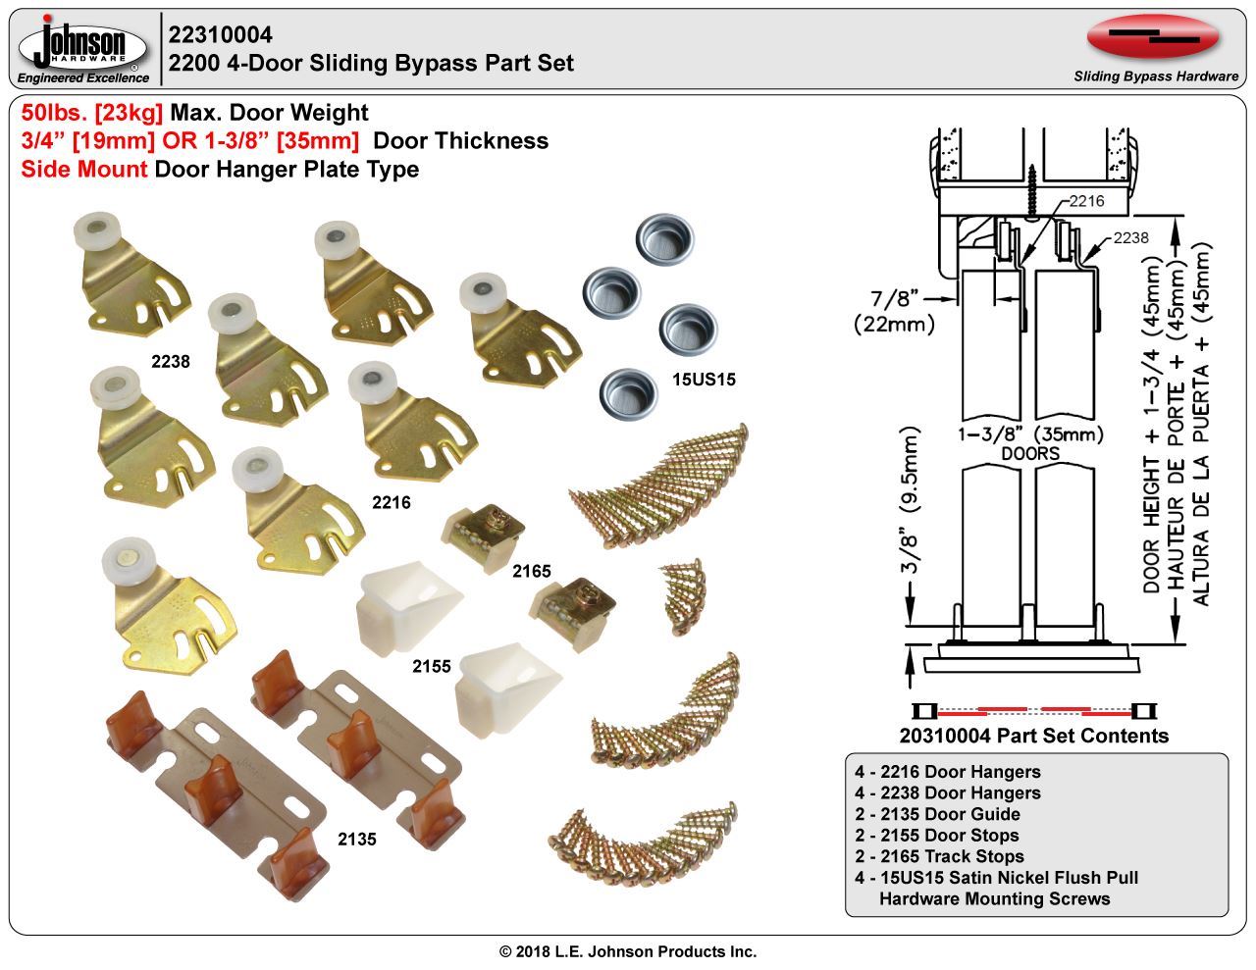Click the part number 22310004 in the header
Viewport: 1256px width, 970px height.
221,35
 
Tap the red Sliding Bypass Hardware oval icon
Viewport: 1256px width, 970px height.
1153,38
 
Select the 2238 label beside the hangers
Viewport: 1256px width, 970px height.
170,361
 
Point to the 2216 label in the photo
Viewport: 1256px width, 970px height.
391,503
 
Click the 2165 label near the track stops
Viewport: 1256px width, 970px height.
531,571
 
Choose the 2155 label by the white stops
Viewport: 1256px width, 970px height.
432,666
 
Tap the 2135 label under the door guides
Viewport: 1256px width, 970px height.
356,840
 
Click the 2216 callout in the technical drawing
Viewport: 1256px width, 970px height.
1085,201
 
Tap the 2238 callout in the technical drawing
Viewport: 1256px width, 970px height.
1130,238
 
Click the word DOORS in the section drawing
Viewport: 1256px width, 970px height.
1029,454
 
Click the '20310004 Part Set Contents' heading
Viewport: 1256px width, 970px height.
1033,736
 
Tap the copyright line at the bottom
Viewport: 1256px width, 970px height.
628,951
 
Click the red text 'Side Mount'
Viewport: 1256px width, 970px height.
84,170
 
